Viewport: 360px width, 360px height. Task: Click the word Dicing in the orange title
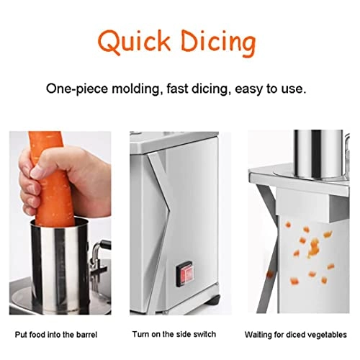(x=213, y=42)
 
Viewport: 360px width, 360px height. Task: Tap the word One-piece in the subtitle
(x=75, y=89)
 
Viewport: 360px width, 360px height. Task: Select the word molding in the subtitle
(x=132, y=89)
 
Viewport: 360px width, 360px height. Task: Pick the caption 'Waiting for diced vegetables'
(x=295, y=334)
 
